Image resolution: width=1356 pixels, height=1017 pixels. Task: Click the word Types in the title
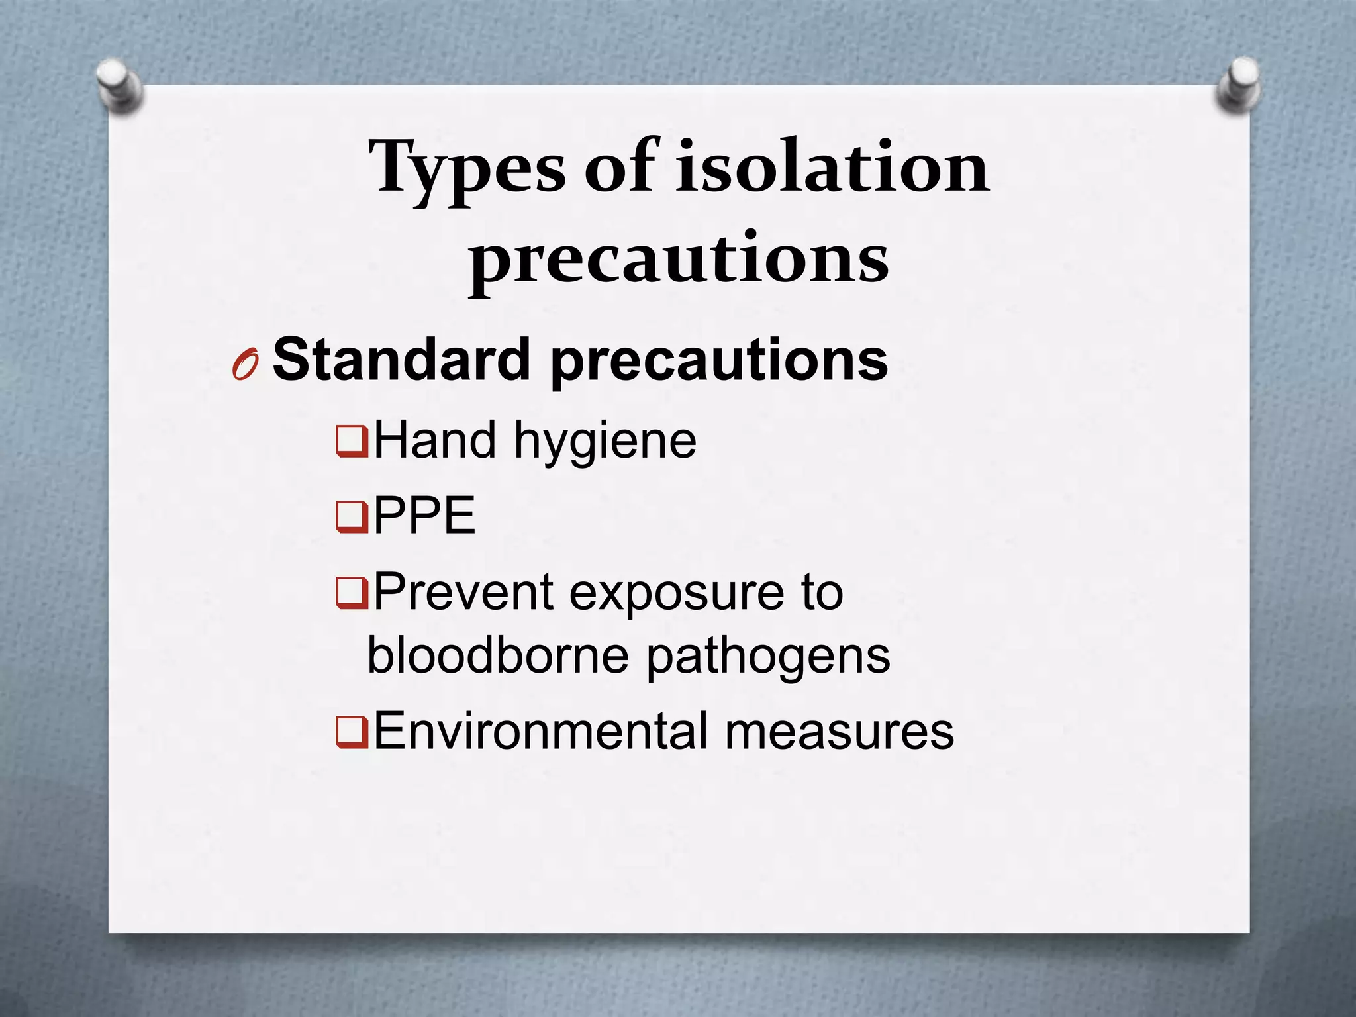[466, 169]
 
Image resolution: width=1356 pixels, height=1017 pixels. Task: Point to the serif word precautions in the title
[679, 260]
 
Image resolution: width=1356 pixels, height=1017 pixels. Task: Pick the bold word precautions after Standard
[719, 362]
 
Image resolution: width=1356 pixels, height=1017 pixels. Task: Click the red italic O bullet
[244, 363]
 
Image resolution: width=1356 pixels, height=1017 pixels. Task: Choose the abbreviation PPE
[424, 516]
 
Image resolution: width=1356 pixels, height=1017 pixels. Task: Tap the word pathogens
[768, 658]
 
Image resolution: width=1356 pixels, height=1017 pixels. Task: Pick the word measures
[839, 732]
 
